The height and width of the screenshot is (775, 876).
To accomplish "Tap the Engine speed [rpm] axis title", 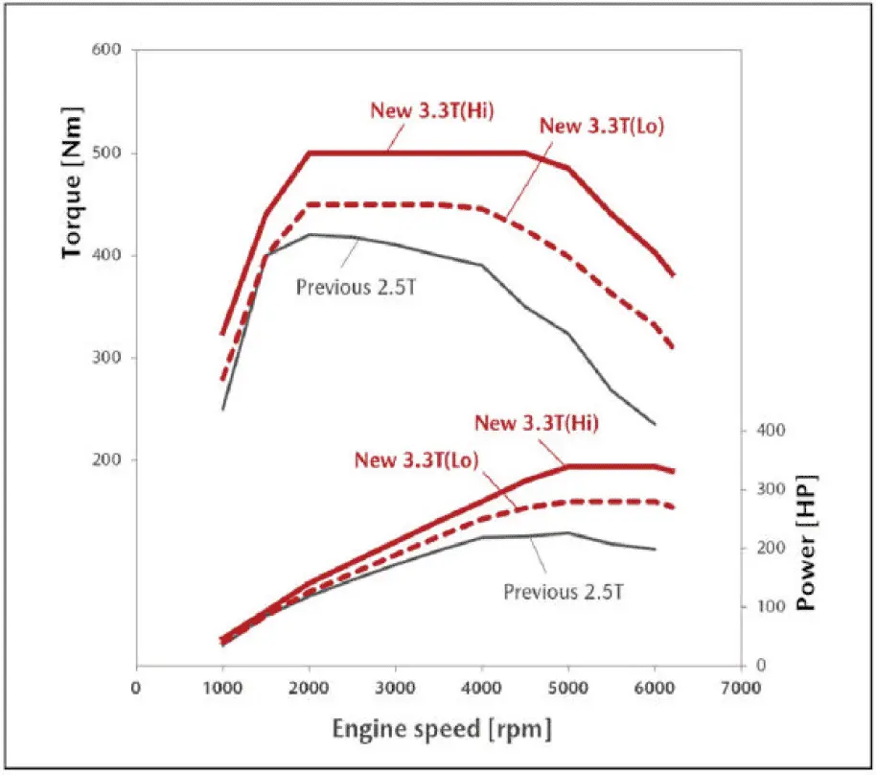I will tap(442, 730).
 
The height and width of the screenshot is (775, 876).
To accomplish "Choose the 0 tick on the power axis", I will tap(762, 666).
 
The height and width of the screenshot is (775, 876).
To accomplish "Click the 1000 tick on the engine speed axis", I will tap(221, 687).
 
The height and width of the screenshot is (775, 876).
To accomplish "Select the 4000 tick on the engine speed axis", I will tap(481, 687).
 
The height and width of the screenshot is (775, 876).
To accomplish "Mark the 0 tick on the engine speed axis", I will tap(136, 687).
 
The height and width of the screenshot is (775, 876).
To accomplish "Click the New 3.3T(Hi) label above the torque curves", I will tap(432, 108).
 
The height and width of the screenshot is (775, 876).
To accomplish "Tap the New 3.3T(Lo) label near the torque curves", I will tap(602, 126).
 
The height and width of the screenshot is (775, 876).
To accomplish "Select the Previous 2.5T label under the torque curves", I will tap(357, 286).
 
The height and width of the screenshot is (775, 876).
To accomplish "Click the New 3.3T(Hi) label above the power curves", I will tap(537, 423).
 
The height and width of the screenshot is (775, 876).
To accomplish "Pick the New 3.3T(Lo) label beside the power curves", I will tap(416, 459).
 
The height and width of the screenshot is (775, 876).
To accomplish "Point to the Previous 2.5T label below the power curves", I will tap(565, 591).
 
